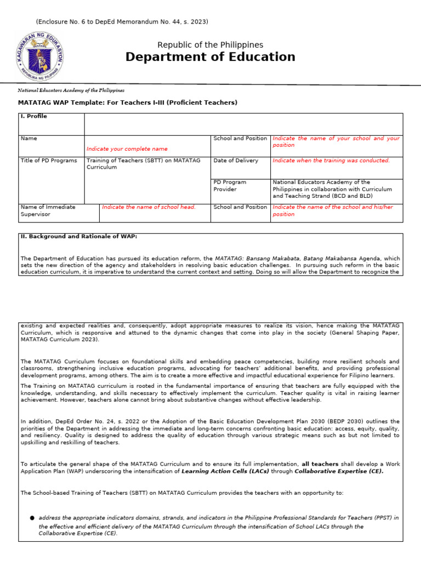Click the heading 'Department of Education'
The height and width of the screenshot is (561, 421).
[210, 57]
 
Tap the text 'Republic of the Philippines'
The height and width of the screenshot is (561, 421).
[210, 45]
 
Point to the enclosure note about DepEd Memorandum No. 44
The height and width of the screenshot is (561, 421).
[122, 21]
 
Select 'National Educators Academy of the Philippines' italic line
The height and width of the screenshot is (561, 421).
[71, 90]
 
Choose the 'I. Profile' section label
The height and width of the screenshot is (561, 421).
[34, 116]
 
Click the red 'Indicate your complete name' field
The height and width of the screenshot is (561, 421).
[127, 149]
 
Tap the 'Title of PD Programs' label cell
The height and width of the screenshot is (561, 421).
[49, 161]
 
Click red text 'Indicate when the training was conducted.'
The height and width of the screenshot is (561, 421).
[331, 161]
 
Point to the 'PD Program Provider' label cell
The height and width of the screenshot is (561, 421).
[230, 186]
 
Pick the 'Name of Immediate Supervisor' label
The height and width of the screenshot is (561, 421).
[48, 210]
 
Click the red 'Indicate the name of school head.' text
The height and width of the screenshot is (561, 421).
[149, 207]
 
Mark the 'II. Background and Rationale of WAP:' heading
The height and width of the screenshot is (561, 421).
[79, 237]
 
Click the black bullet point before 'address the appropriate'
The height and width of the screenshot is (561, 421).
[32, 518]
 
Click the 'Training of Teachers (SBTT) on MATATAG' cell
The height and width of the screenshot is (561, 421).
[143, 164]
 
